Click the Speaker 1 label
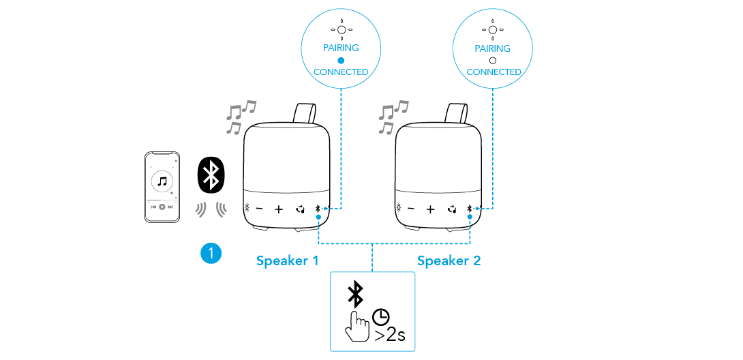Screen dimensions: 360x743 click(287, 260)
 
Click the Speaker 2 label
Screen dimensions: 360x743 click(449, 260)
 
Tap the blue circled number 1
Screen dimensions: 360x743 click(211, 253)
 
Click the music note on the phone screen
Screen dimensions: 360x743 click(162, 181)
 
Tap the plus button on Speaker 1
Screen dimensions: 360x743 click(279, 209)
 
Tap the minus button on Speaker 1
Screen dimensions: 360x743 click(258, 209)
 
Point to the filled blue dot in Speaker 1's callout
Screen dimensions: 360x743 click(341, 60)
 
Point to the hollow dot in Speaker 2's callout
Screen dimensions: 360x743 click(493, 60)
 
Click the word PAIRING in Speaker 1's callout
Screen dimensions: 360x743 click(341, 48)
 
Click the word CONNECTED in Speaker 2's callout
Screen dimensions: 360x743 click(494, 72)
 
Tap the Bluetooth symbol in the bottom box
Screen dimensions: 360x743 click(355, 293)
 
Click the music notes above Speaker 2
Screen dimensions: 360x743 click(392, 116)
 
